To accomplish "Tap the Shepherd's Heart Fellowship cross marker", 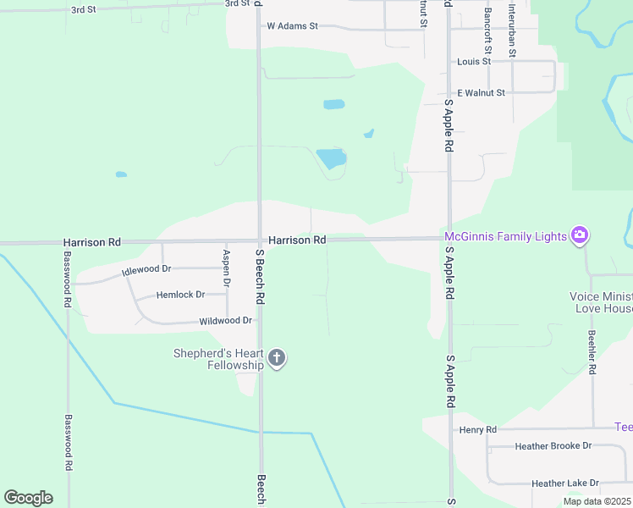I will (276, 359).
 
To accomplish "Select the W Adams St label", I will (292, 26).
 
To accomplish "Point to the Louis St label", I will (474, 62).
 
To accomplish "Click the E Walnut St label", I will (481, 92).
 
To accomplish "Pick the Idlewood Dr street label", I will (146, 269).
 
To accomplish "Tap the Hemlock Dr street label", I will (181, 295).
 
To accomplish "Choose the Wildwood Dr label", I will (226, 321).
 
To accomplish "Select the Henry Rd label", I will (477, 430).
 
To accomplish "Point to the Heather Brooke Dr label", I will (553, 445).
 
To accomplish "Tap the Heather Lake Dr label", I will (564, 483).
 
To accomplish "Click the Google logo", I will (28, 498).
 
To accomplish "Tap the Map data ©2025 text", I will (597, 501).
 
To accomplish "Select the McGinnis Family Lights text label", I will (506, 236).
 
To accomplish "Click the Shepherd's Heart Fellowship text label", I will (219, 359).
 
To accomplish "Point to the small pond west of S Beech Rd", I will (121, 174).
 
